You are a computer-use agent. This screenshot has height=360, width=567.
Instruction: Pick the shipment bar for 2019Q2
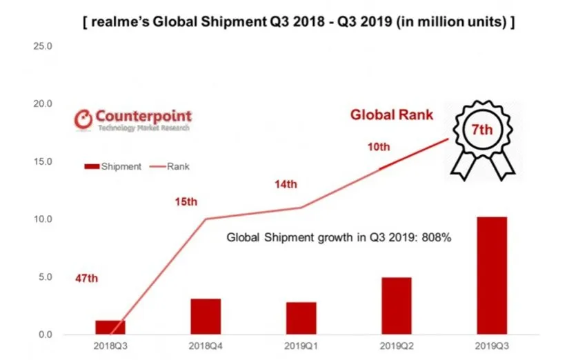pyautogui.click(x=395, y=306)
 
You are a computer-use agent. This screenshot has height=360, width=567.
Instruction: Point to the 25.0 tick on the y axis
pyautogui.click(x=43, y=46)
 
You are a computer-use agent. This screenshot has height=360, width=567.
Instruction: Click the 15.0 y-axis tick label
pyautogui.click(x=43, y=161)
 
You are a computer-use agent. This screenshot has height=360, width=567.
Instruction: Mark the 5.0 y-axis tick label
pyautogui.click(x=46, y=277)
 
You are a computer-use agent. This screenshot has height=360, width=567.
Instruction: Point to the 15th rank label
pyautogui.click(x=185, y=202)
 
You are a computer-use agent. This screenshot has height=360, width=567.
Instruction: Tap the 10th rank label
pyautogui.click(x=379, y=147)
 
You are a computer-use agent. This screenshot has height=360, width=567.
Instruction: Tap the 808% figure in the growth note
pyautogui.click(x=436, y=237)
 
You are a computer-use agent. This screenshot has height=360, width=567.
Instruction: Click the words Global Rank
pyautogui.click(x=392, y=114)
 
